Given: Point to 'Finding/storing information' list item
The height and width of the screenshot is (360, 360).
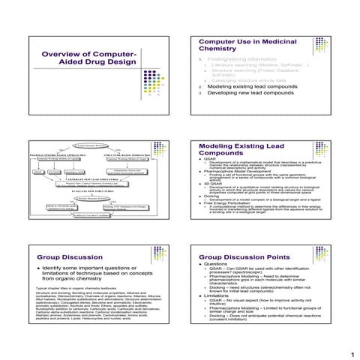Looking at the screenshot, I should click(240, 58).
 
